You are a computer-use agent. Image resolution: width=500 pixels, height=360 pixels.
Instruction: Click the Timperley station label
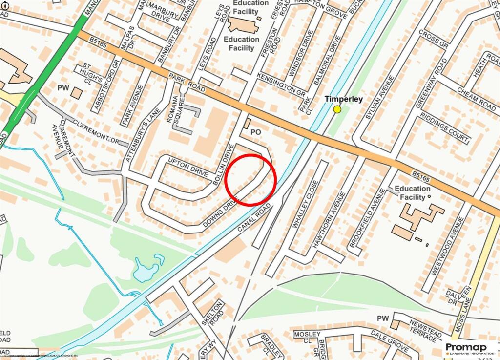click(344, 99)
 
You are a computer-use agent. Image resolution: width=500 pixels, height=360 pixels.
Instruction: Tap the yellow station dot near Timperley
click(337, 109)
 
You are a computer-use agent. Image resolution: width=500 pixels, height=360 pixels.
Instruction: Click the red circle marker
click(251, 179)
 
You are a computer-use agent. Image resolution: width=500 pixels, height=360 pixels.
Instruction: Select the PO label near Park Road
click(256, 132)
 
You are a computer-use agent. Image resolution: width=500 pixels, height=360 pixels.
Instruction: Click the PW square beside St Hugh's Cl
click(76, 92)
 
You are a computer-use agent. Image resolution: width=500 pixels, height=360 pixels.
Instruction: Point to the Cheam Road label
click(476, 97)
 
